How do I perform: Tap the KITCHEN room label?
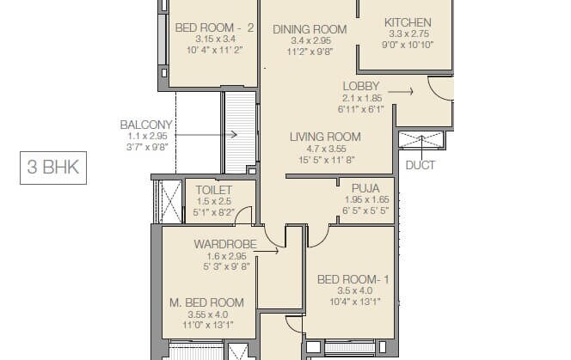408,22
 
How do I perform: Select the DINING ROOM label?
310,29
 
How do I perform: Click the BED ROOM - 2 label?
214,27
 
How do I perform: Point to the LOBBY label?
361,86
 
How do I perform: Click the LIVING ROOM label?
324,137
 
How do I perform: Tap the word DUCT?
421,165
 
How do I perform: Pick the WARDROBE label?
224,244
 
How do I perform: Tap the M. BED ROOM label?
206,302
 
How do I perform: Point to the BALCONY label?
145,125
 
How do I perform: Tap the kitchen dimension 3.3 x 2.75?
408,34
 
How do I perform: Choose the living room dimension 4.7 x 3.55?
324,149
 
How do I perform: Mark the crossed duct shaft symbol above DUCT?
421,141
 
